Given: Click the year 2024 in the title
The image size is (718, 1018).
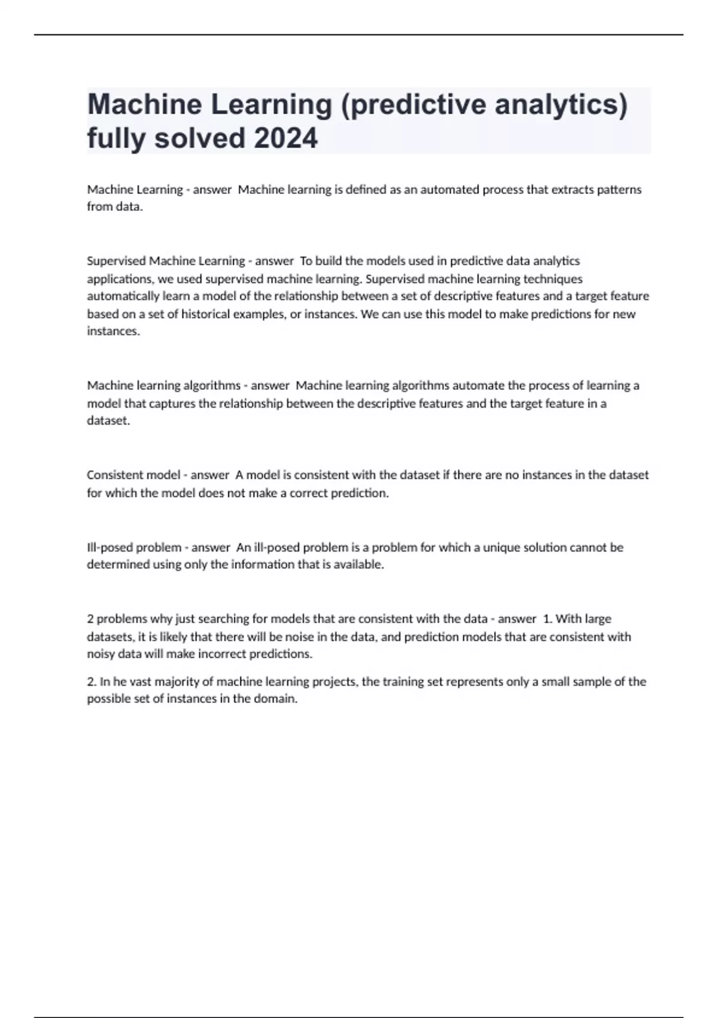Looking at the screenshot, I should (x=286, y=138).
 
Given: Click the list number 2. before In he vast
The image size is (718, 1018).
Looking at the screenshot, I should (x=92, y=681).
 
